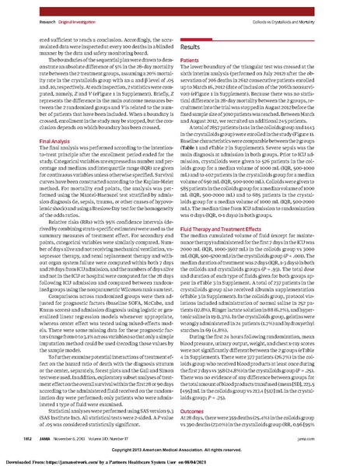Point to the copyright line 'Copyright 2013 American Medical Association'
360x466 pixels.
pyautogui.click(x=180, y=450)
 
